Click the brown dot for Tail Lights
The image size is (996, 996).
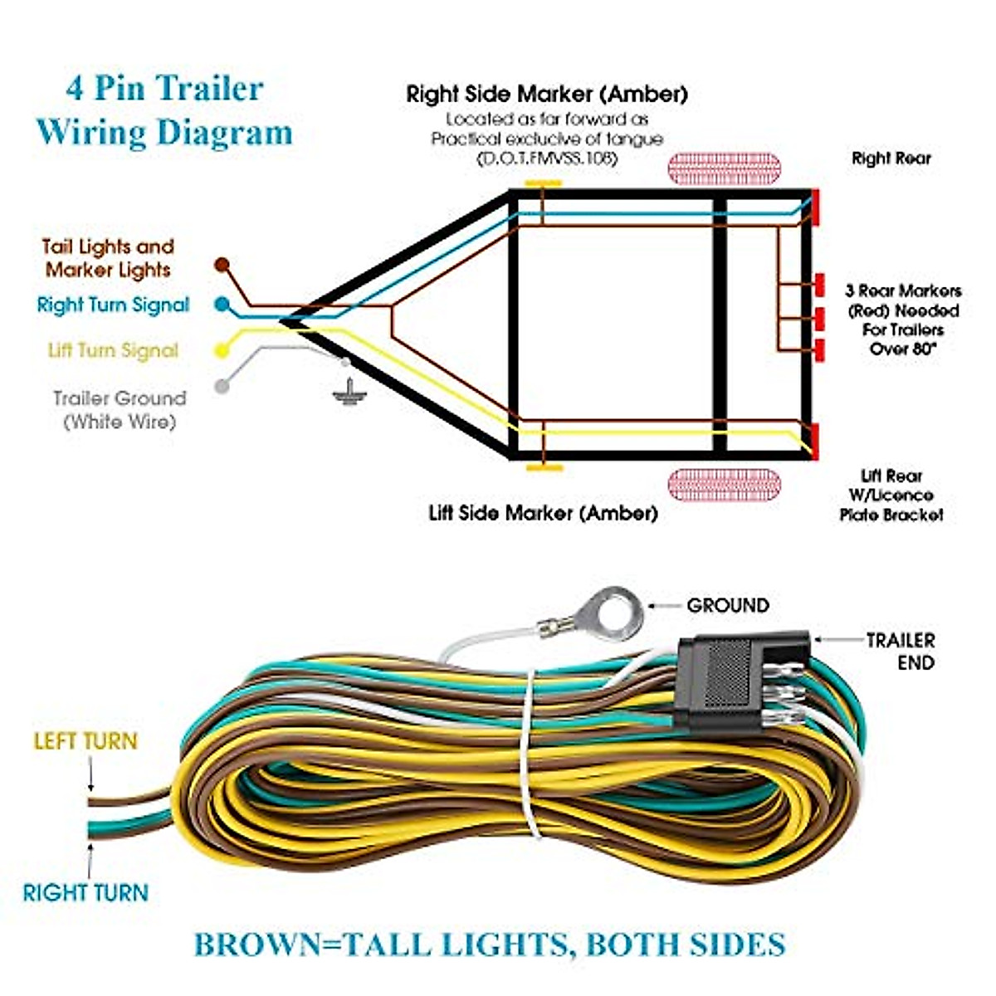point(222,265)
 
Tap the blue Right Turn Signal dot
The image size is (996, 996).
point(222,305)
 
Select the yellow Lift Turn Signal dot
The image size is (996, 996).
point(222,350)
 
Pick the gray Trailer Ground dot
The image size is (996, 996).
point(222,386)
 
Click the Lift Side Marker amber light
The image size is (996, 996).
point(544,468)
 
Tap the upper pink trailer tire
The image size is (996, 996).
point(725,168)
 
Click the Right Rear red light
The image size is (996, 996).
point(815,205)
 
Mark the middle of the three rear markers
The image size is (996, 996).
point(819,318)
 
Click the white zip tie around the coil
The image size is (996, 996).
point(528,747)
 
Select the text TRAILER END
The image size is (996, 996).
point(901,652)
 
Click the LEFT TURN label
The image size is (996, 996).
point(85,741)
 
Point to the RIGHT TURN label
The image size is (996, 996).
point(85,893)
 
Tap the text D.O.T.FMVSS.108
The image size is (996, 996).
point(547,159)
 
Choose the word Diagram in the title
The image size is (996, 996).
point(224,133)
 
